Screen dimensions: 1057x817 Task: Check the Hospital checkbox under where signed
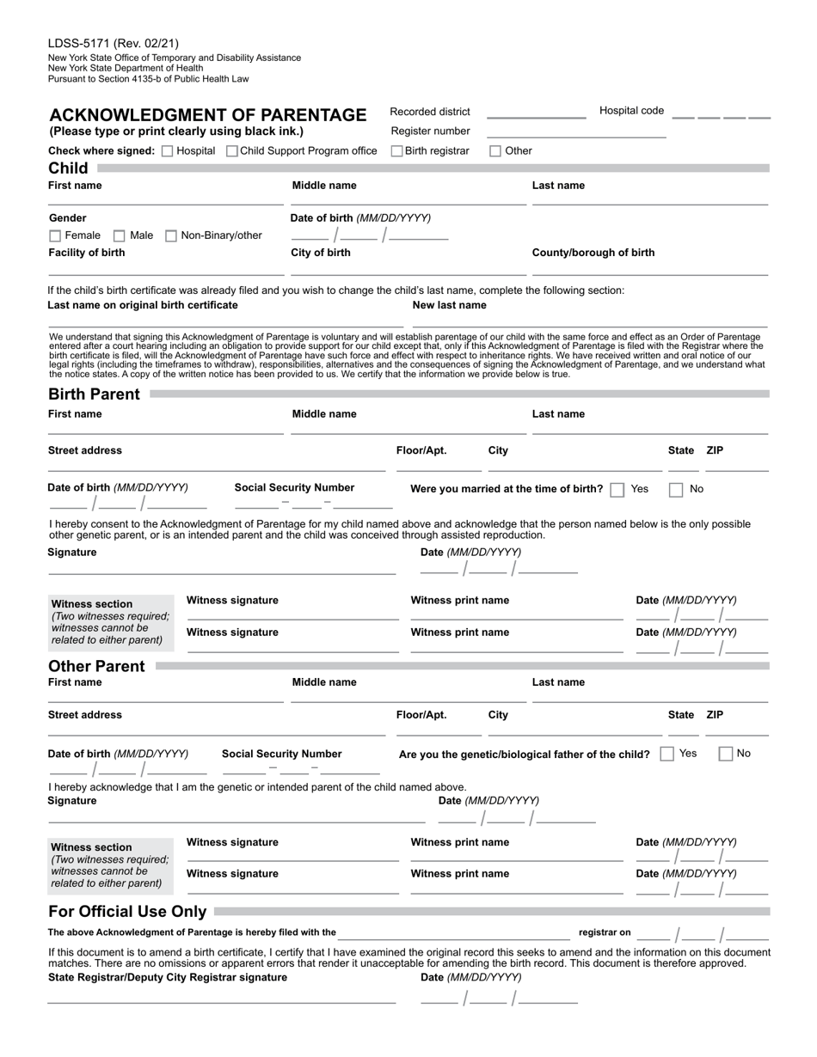pyautogui.click(x=168, y=151)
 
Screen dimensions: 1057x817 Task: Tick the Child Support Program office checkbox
pyautogui.click(x=232, y=151)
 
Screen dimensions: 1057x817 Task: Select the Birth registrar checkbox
pyautogui.click(x=397, y=151)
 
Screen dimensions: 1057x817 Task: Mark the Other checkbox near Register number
pyautogui.click(x=495, y=151)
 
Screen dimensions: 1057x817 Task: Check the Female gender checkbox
pyautogui.click(x=55, y=235)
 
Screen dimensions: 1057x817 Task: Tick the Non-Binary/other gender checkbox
pyautogui.click(x=171, y=235)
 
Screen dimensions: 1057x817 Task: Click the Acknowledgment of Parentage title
pyautogui.click(x=208, y=115)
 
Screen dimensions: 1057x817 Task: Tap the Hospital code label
pyautogui.click(x=631, y=111)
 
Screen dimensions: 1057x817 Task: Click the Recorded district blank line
pyautogui.click(x=536, y=116)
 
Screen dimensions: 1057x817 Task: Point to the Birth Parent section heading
pyautogui.click(x=94, y=394)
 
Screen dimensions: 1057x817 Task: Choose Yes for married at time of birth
pyautogui.click(x=617, y=490)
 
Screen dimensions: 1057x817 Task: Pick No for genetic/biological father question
pyautogui.click(x=726, y=754)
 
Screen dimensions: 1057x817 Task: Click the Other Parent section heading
pyautogui.click(x=96, y=666)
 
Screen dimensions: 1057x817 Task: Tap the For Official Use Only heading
pyautogui.click(x=127, y=912)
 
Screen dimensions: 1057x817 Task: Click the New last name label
pyautogui.click(x=449, y=305)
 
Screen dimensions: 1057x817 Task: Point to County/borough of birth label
pyautogui.click(x=593, y=253)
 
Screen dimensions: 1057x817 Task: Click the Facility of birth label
pyautogui.click(x=86, y=253)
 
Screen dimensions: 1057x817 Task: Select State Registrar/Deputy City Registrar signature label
pyautogui.click(x=168, y=977)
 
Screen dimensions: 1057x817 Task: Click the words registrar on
pyautogui.click(x=605, y=932)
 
